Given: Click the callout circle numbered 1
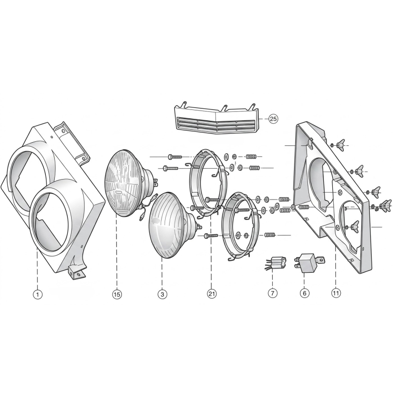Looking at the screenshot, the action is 38,295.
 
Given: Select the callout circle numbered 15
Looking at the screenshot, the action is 117,295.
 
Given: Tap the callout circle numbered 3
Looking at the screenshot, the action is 162,295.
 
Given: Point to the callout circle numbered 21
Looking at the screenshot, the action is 212,294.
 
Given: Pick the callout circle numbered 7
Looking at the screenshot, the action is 272,294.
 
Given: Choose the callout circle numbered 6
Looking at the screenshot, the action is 304,294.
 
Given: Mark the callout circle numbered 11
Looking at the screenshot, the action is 336,294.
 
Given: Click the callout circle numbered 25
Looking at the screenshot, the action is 273,119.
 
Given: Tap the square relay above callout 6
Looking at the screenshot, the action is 308,263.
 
